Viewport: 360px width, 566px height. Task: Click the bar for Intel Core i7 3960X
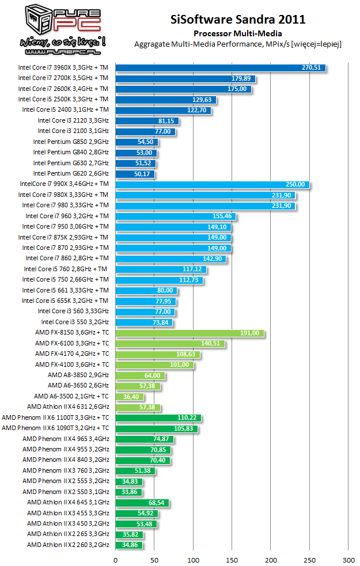221,67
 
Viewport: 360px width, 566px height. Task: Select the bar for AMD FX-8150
190,333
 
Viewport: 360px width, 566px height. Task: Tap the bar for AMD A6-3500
130,397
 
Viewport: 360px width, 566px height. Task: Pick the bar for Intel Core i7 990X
213,184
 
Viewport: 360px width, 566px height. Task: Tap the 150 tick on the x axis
232,559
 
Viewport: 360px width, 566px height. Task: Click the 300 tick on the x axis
348,559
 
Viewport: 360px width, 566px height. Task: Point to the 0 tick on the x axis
116,559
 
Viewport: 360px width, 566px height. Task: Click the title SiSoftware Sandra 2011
238,20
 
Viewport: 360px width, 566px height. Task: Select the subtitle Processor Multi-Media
238,33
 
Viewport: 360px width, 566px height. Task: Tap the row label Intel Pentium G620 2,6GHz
70,173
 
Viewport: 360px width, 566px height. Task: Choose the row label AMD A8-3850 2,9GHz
78,375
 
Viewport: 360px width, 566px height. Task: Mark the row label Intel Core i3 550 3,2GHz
74,322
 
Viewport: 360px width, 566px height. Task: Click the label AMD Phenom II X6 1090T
55,428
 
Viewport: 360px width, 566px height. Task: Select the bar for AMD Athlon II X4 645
142,503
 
